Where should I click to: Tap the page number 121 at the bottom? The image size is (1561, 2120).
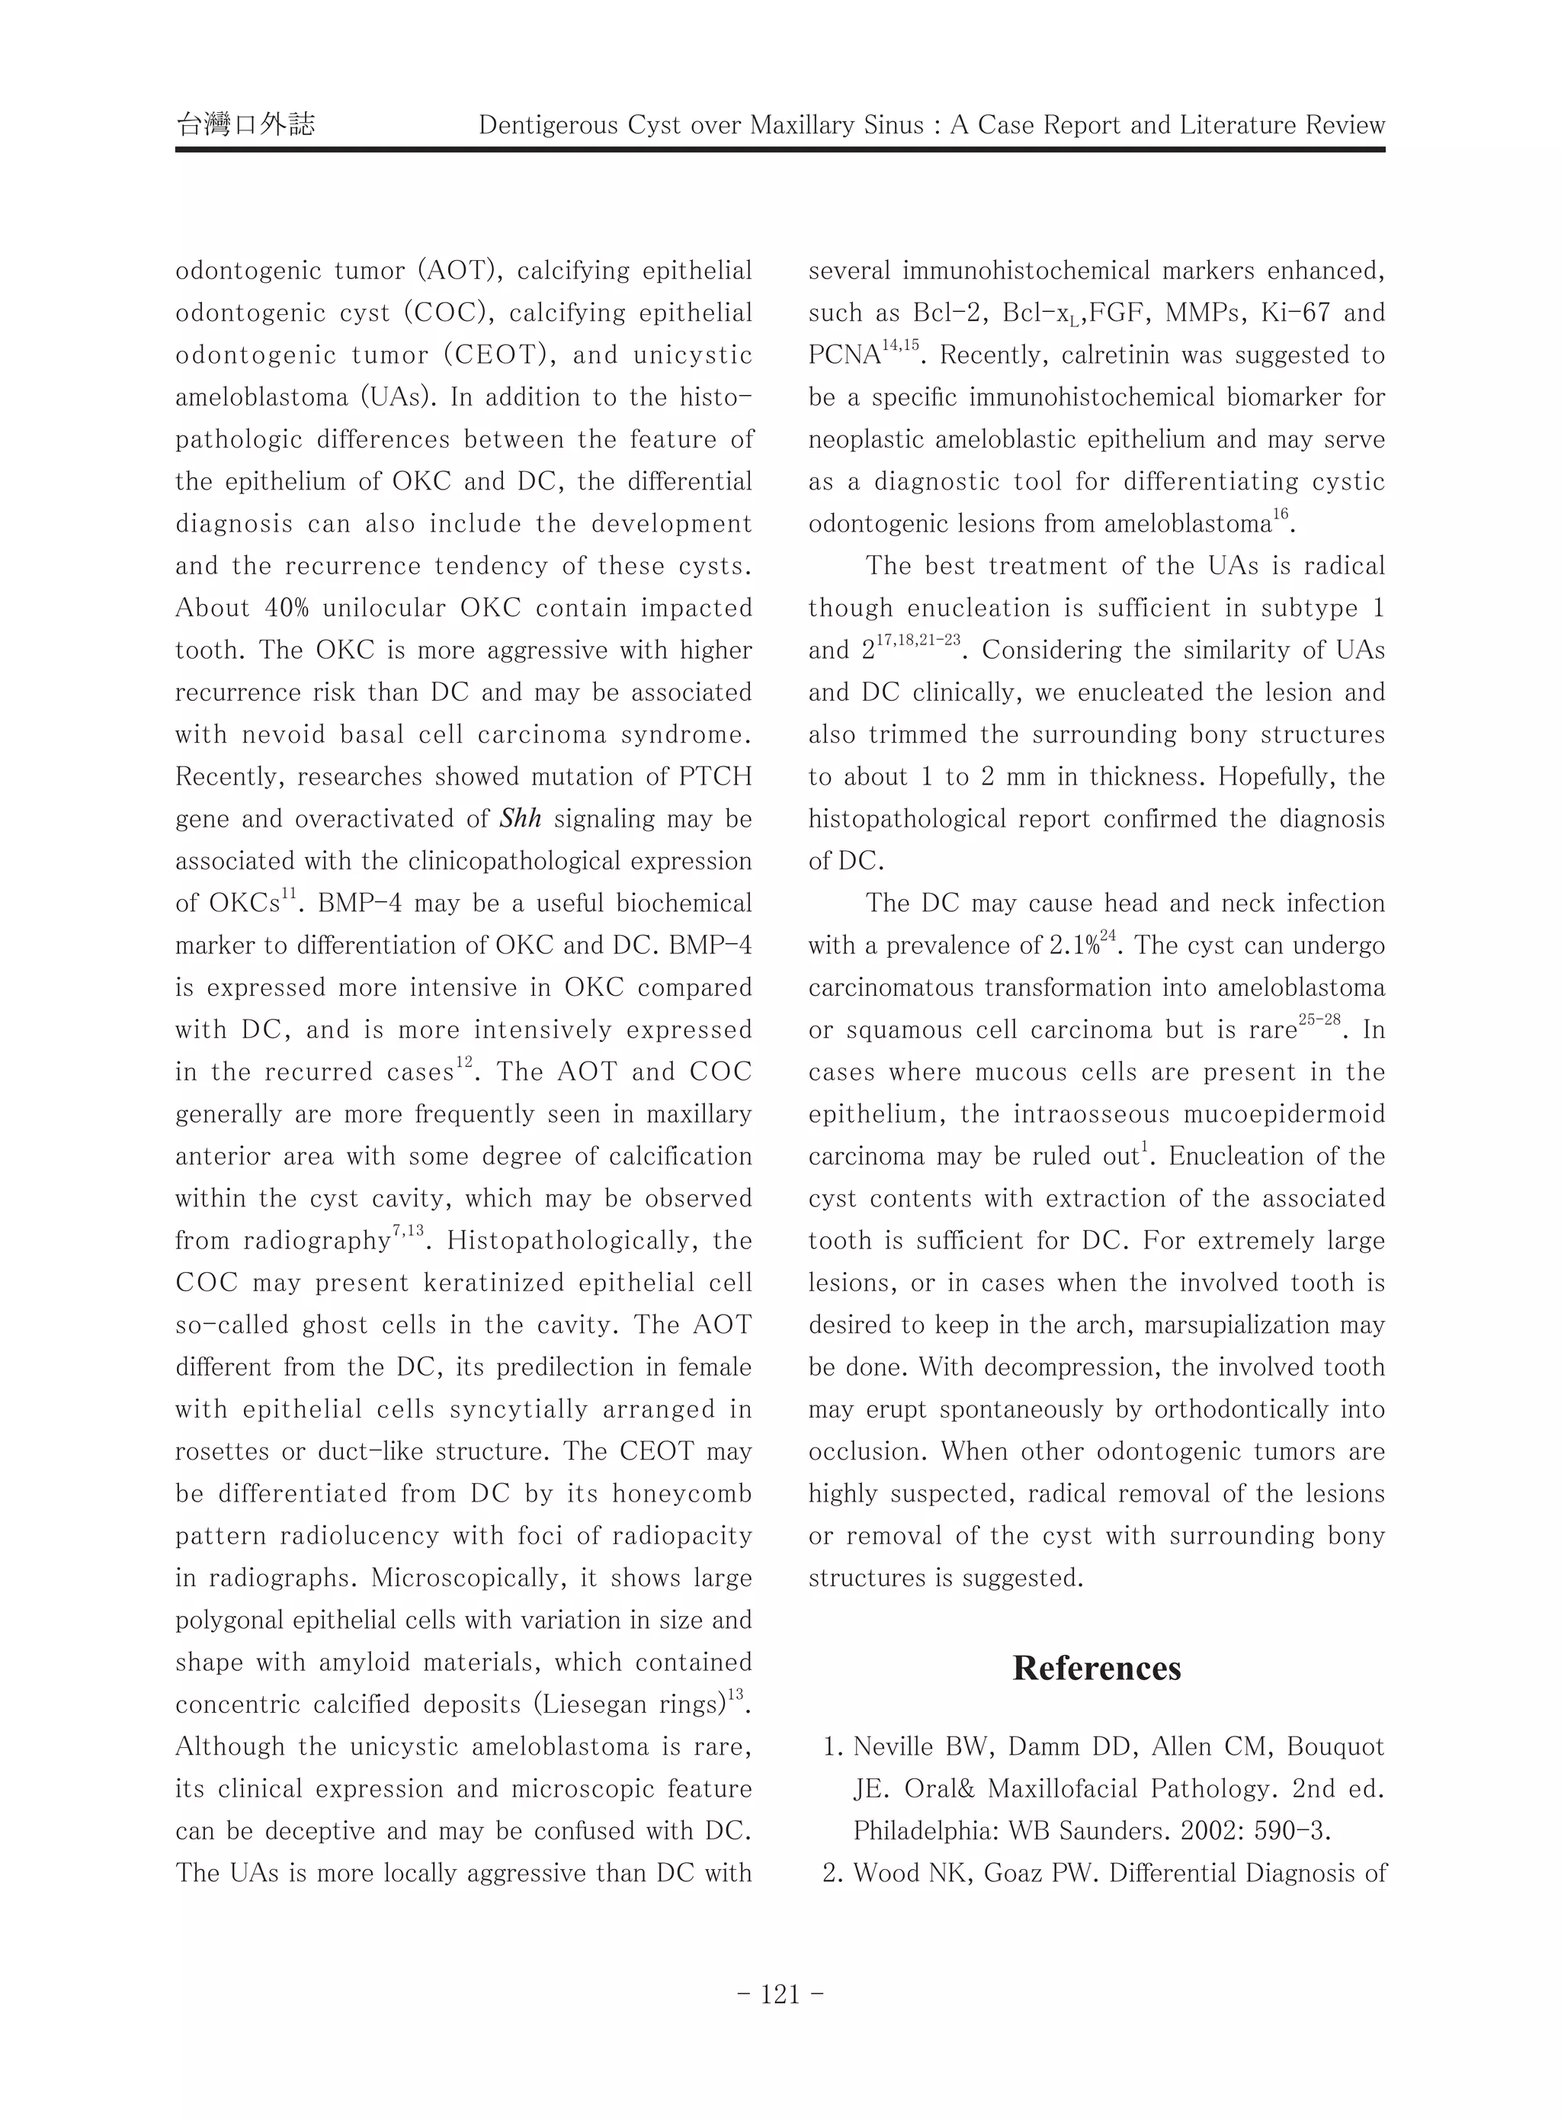click(780, 1994)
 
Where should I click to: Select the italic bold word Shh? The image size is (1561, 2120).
click(521, 818)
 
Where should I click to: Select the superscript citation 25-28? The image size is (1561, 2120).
click(1319, 1021)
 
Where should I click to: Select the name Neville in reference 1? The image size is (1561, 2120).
click(894, 1746)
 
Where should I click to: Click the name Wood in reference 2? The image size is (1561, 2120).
click(883, 1874)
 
